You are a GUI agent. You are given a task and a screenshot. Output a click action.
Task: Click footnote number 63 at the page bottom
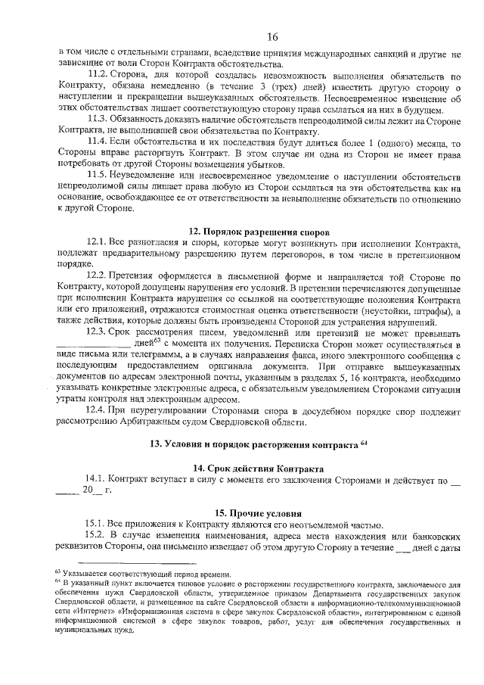56,572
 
